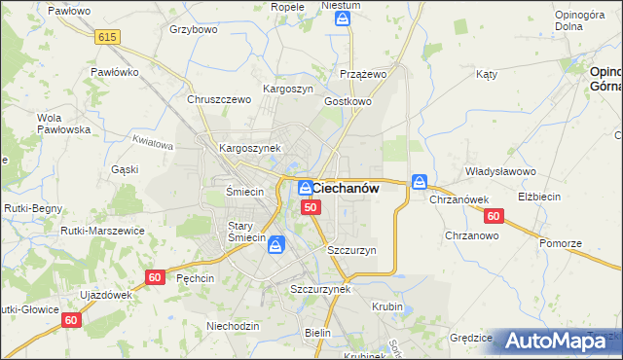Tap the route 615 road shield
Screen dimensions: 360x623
(x=107, y=36)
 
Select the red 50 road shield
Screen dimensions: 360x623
(x=311, y=207)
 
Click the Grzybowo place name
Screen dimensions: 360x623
(x=193, y=29)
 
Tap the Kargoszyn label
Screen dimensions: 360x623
(x=288, y=89)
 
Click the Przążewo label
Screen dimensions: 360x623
(x=364, y=74)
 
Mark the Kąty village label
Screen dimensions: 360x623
(x=487, y=74)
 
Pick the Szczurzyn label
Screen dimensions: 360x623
(x=351, y=250)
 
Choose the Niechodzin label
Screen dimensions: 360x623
(x=233, y=326)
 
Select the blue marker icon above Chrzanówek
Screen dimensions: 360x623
(x=420, y=182)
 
